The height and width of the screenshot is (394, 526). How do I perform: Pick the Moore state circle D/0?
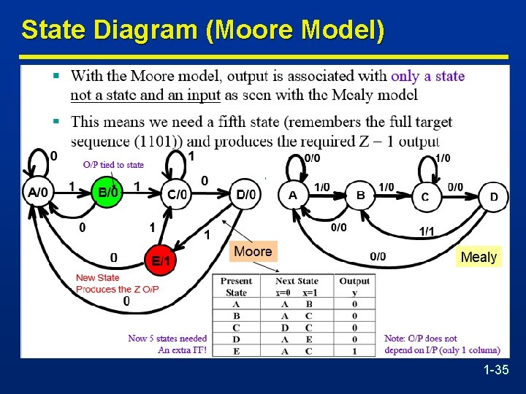coord(247,194)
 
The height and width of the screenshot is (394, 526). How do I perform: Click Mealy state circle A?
coord(293,195)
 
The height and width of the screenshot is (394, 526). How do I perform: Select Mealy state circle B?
coord(360,195)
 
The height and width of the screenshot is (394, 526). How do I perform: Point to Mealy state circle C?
coord(425,196)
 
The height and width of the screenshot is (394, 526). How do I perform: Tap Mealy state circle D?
coord(494,196)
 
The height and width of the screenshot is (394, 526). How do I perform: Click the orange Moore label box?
coord(253,252)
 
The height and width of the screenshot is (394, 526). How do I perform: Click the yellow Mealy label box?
coord(479,257)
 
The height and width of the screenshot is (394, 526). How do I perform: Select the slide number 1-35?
coord(496,371)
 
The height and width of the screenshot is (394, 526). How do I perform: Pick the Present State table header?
coord(236,287)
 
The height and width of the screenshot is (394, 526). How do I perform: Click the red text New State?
coord(97,277)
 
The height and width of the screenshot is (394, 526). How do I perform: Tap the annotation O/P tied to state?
coord(113,165)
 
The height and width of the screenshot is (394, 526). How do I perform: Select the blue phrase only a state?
coord(427,76)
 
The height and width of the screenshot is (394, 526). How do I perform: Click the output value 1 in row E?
coord(354,350)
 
